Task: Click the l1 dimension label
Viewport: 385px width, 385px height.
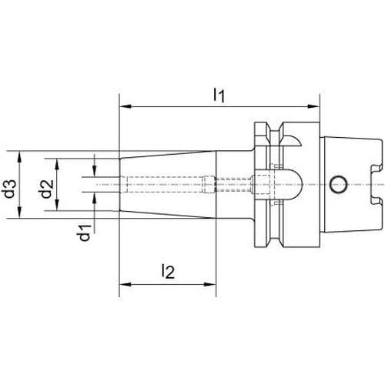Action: click(219, 95)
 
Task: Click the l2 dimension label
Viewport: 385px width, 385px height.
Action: click(168, 272)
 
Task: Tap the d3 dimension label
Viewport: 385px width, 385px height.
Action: click(10, 189)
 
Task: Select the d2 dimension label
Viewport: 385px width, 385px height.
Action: click(47, 189)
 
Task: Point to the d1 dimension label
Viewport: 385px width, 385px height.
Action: click(85, 233)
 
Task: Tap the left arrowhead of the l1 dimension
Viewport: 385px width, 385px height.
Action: click(126, 106)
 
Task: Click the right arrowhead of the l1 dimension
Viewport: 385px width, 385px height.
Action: click(313, 106)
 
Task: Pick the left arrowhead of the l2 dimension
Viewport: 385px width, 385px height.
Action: click(126, 284)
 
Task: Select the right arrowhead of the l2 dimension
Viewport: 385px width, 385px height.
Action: click(209, 284)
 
